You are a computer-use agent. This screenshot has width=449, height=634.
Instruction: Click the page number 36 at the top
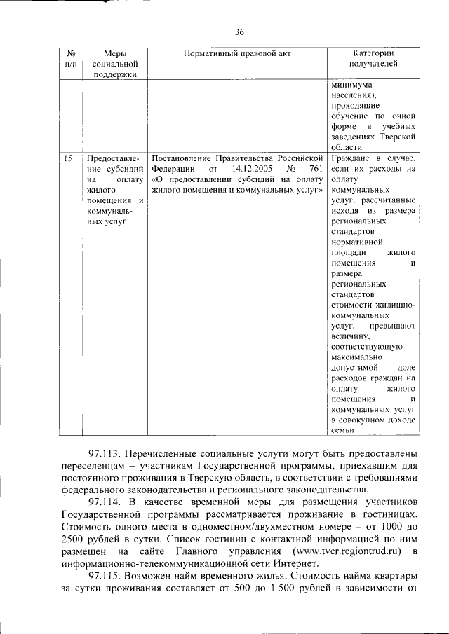pos(239,32)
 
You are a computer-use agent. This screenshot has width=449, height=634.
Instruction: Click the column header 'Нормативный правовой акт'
pos(236,53)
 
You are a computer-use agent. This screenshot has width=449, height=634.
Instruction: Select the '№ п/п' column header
pos(70,59)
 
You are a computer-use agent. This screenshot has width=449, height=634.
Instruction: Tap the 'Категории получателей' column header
pos(373,59)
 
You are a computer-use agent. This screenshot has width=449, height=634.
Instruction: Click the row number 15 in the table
pos(68,159)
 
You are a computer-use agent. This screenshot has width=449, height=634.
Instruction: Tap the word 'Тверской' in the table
pos(400,137)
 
